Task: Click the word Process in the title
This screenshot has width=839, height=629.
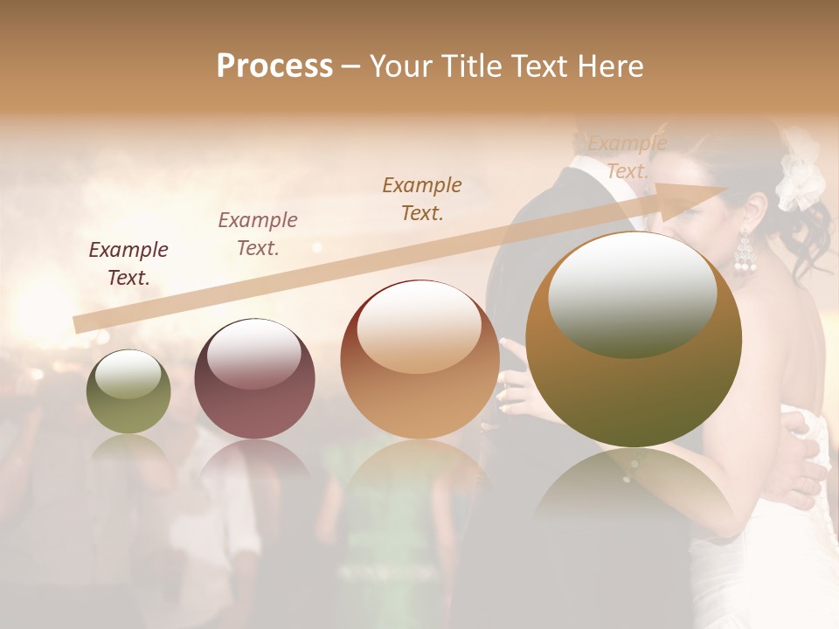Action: point(274,66)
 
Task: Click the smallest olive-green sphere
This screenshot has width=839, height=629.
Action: point(128,392)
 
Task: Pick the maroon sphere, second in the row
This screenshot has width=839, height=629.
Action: point(254,378)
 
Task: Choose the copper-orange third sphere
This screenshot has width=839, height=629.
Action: point(419,359)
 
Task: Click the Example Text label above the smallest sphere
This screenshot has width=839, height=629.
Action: point(128,264)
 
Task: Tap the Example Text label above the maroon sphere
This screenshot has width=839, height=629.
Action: point(258,234)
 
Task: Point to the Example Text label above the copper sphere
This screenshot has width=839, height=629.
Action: point(422,198)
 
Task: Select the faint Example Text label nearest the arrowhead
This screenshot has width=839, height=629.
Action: point(628,157)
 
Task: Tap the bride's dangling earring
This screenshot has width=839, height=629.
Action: point(744,253)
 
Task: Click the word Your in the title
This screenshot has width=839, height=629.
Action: point(399,66)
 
